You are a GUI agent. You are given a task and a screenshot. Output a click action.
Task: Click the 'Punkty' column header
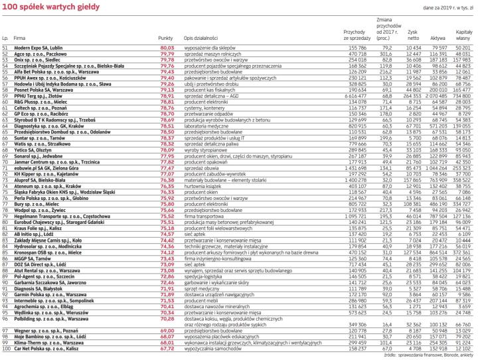click(166, 40)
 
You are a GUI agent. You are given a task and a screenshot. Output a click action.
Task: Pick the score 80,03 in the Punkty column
click(167, 48)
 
